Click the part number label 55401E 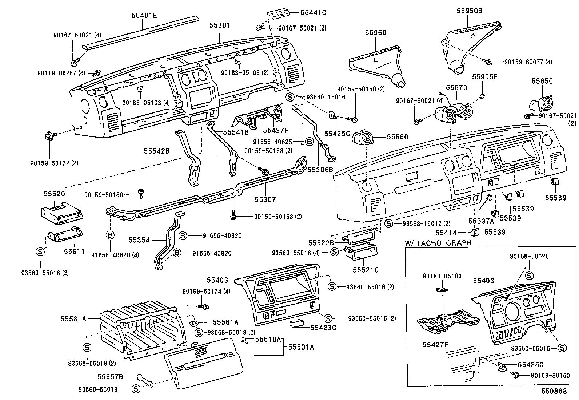(144, 15)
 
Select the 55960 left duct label (375, 33)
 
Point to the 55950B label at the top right (470, 11)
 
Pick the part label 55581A (73, 319)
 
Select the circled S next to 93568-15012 (389, 223)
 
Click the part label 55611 (74, 252)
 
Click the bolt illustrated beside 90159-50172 (49, 137)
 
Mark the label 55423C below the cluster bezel (323, 328)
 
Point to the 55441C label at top (313, 12)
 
